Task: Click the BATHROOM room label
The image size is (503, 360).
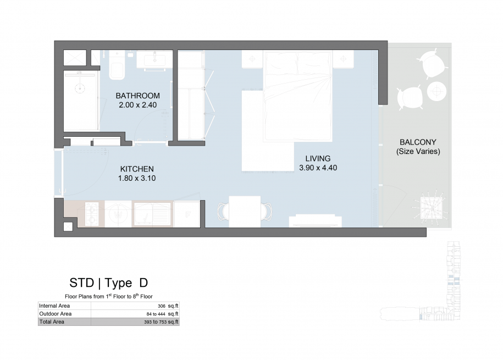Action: point(137,96)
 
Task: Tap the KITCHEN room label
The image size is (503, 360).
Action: point(137,169)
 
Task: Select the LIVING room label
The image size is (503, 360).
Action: point(318,158)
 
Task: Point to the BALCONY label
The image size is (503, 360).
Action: point(418,142)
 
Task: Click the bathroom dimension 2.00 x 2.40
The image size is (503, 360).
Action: point(137,105)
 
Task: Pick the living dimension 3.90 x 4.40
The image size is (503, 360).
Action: point(318,168)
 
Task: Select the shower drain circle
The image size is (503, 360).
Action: point(80,88)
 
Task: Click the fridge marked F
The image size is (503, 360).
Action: point(187,214)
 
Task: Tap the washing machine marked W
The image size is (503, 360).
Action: point(118,214)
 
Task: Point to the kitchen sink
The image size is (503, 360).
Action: point(152,214)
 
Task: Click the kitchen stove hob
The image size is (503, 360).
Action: point(92,214)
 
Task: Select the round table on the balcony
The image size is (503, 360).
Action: point(436,91)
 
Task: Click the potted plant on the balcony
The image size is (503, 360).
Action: point(432,208)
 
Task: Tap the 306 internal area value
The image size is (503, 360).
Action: point(162,306)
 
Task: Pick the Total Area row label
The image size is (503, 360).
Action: point(52,322)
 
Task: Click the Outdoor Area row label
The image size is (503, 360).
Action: point(55,314)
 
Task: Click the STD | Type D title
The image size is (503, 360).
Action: point(109,283)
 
